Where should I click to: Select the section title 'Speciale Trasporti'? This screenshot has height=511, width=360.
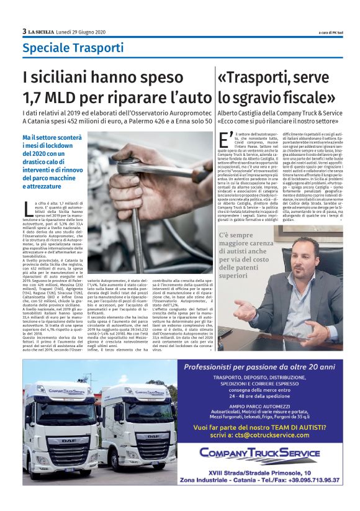65,47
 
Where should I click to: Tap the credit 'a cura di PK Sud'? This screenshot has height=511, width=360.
321,32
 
